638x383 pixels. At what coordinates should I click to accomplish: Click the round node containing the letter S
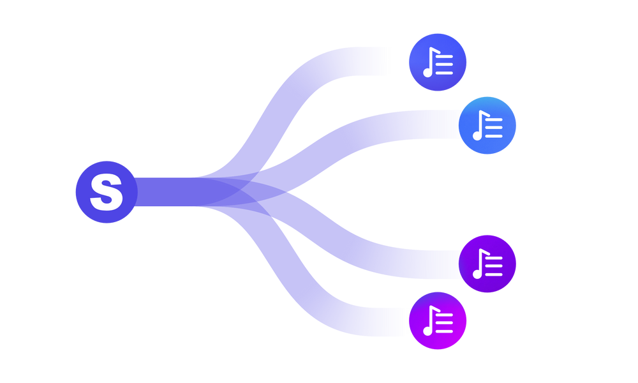tap(105, 192)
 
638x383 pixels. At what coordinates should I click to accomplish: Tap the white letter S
tap(106, 193)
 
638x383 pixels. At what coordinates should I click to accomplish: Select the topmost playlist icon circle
tap(437, 62)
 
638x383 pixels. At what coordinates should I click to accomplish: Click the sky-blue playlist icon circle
tap(488, 126)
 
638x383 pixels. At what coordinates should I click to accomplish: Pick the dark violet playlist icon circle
tap(488, 264)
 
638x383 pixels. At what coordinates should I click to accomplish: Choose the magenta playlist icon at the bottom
tap(438, 320)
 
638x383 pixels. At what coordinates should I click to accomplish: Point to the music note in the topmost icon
tap(429, 64)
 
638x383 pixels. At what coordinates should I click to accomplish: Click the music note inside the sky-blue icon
tap(479, 128)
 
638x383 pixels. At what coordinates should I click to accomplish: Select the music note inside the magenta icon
tap(429, 323)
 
